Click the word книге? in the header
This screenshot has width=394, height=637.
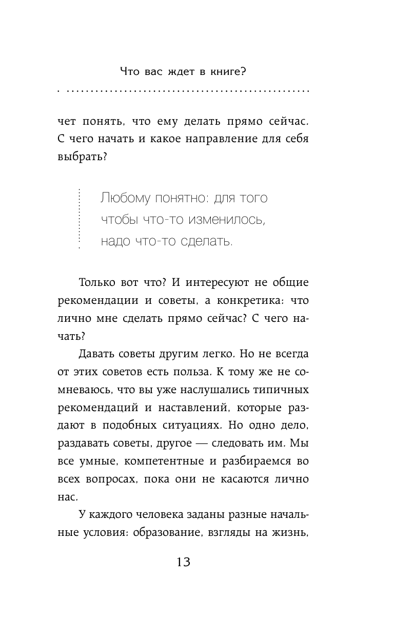click(x=228, y=71)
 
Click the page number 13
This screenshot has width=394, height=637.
click(x=183, y=562)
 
